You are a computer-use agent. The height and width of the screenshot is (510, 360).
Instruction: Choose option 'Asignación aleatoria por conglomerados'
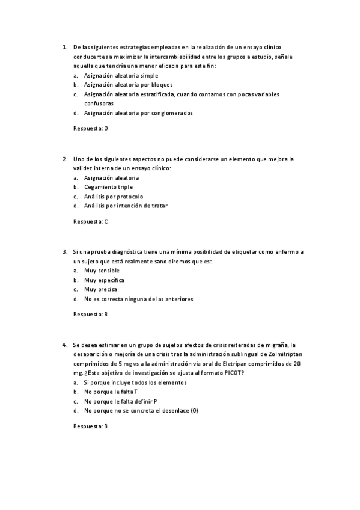pos(138,112)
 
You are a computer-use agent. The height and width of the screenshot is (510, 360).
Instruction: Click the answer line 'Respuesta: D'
pos(90,128)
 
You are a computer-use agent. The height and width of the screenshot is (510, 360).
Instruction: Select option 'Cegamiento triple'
pos(108,187)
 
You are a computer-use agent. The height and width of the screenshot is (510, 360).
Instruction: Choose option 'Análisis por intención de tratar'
pos(126,206)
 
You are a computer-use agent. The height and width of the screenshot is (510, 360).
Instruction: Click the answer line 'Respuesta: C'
pos(90,221)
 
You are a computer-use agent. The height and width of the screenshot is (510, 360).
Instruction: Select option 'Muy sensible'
pos(102,271)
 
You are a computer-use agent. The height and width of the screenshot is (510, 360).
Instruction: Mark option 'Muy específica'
pos(104,280)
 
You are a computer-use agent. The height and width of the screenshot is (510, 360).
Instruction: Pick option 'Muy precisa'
pos(100,289)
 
